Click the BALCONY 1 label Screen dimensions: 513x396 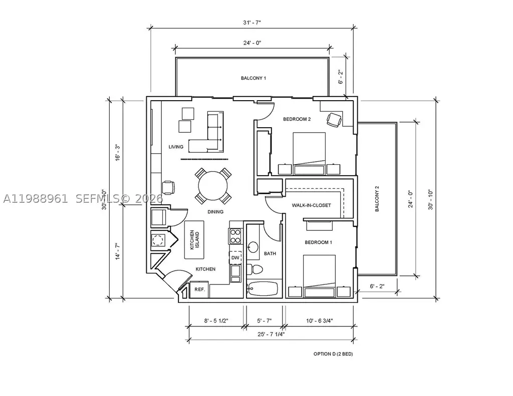tap(253, 78)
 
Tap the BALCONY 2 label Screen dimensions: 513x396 tap(377, 199)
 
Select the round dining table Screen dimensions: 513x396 tap(212, 186)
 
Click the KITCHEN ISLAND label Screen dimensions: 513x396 tap(194, 240)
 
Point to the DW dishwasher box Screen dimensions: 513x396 tap(235, 257)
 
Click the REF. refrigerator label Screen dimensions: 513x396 tap(199, 289)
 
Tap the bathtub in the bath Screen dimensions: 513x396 tap(263, 288)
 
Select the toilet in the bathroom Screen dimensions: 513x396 tap(254, 269)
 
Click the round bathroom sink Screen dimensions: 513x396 tap(253, 246)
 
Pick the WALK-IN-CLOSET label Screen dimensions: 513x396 tap(311, 205)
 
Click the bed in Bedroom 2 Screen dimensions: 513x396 tap(309, 153)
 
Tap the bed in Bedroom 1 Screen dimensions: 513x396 tap(319, 276)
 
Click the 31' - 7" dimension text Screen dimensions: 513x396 tap(252, 23)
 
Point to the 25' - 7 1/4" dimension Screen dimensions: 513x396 tap(271, 334)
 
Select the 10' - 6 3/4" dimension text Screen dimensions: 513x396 tap(320, 321)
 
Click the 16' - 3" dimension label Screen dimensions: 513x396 tap(117, 152)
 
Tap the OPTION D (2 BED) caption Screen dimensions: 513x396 tap(333, 354)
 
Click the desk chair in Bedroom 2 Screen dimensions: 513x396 tap(334, 120)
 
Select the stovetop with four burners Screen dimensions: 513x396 tap(235, 236)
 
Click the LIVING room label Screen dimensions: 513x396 tap(176, 147)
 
